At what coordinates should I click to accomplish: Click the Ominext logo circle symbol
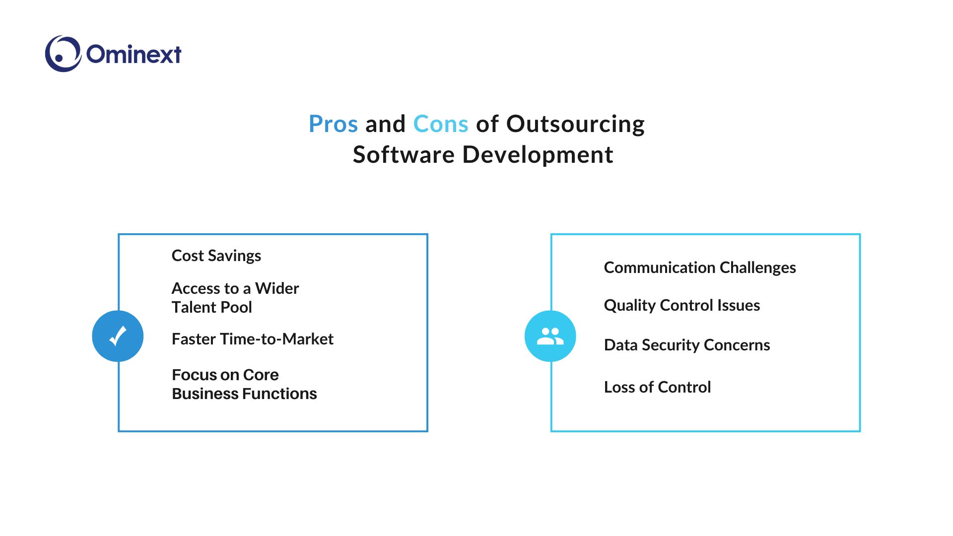coord(63,54)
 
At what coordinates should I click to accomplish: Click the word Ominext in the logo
coord(134,54)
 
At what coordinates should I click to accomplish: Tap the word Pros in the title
coord(333,124)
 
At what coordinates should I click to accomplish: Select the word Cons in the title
coord(441,124)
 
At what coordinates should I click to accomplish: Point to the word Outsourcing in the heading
coord(575,124)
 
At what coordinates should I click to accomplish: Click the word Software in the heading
coord(404,154)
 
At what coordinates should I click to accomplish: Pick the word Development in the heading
coord(538,155)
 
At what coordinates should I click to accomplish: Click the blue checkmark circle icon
coord(118,336)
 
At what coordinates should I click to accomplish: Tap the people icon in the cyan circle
coord(550,336)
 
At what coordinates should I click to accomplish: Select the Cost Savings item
coord(216,256)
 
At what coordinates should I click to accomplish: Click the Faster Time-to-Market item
coord(253,339)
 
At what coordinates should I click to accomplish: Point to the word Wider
coord(277,288)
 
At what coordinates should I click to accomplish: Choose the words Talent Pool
coord(212,307)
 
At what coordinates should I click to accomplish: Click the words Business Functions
coord(244,394)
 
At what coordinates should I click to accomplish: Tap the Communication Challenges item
coord(700,268)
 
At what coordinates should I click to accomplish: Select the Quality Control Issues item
coord(682,305)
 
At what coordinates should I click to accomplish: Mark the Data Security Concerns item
coord(687,345)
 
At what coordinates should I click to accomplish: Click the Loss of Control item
coord(658,387)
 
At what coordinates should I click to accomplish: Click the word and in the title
coord(386,124)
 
